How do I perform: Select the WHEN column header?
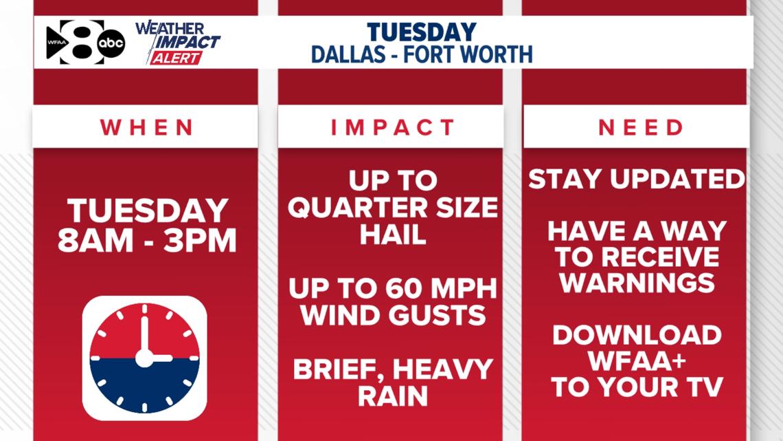146,127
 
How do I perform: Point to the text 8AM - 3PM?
146,241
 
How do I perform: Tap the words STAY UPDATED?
636,180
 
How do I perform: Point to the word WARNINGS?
637,283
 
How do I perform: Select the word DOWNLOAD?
637,336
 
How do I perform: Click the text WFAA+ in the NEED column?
637,361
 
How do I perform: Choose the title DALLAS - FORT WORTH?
421,54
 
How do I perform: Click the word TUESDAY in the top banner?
421,32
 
